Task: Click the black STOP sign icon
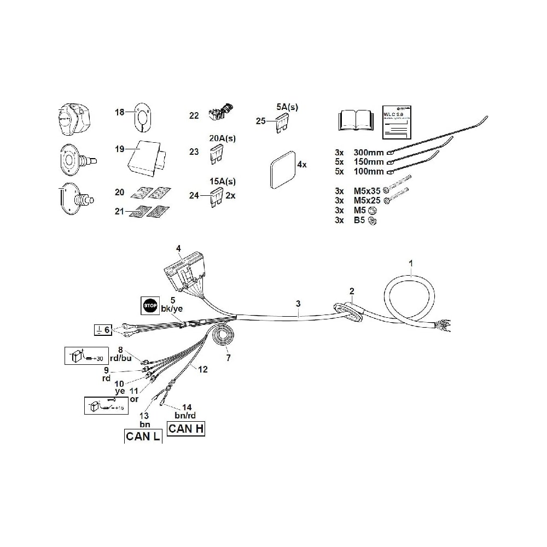click(x=150, y=305)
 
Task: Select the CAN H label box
click(x=186, y=428)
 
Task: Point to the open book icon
click(x=355, y=120)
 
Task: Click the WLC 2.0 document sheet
click(x=398, y=121)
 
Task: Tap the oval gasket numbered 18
click(x=142, y=116)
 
